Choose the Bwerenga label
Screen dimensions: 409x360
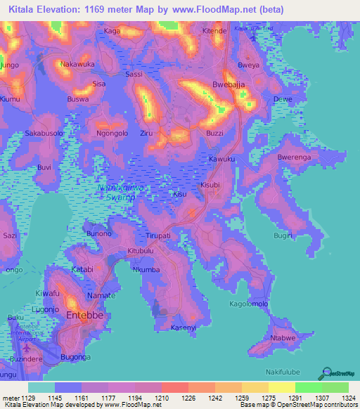click(x=294, y=157)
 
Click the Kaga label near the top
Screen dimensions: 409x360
click(x=112, y=32)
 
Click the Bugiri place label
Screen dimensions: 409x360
click(x=302, y=236)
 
